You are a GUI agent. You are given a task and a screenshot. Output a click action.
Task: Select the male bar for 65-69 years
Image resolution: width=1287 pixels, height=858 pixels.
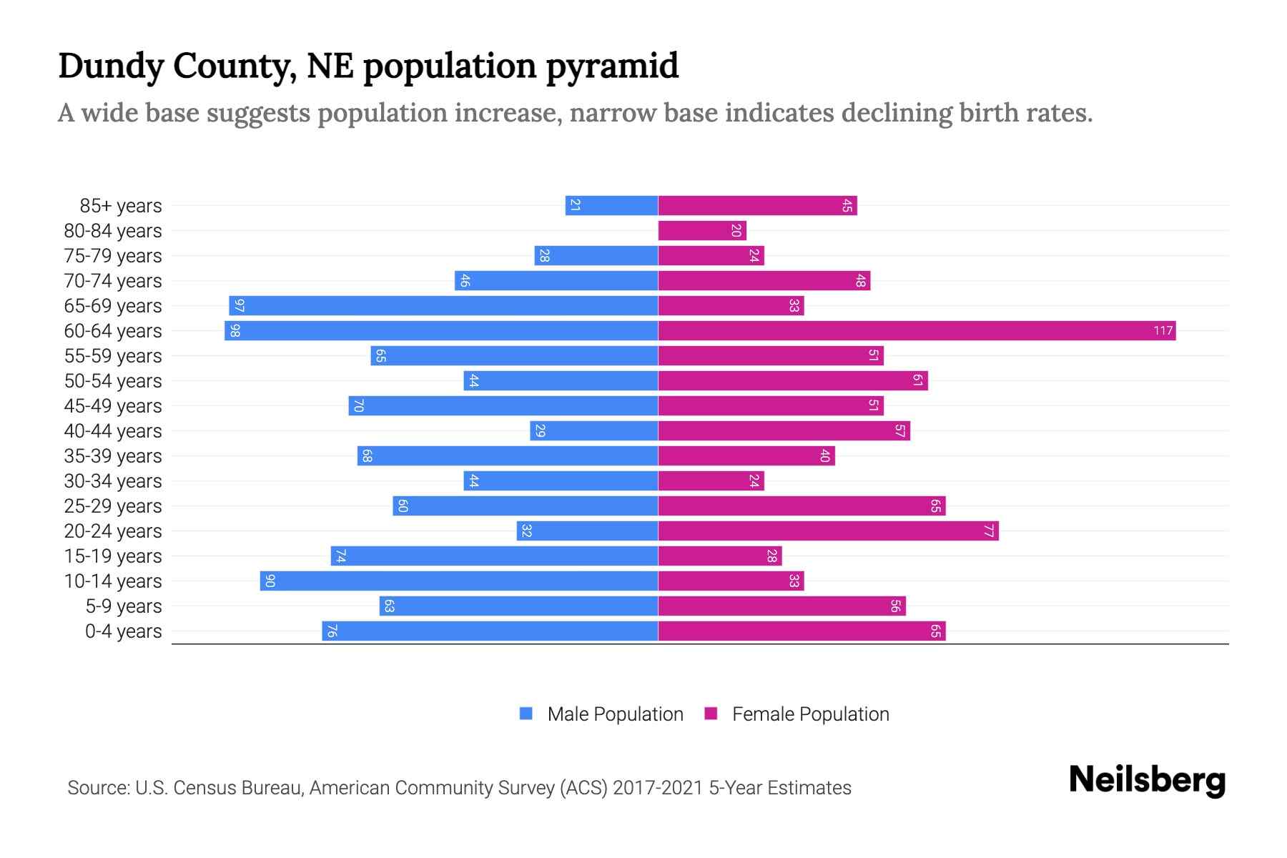[x=443, y=306]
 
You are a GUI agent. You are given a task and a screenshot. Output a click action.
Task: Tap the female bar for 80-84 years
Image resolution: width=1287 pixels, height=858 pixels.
[x=702, y=231]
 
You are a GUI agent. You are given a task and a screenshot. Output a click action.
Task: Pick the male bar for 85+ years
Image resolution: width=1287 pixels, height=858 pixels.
[x=611, y=206]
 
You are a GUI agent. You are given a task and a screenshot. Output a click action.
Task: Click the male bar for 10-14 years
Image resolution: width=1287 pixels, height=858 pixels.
[x=459, y=581]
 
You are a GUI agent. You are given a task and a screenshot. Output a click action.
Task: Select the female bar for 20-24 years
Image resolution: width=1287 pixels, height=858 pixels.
[x=828, y=531]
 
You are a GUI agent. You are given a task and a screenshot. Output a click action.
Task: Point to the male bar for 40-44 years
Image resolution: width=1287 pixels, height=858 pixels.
[x=593, y=431]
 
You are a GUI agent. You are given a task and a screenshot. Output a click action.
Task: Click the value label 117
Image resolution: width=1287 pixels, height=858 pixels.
[x=1163, y=331]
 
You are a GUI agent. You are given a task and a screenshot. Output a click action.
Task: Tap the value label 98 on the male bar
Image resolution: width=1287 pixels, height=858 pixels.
[x=235, y=331]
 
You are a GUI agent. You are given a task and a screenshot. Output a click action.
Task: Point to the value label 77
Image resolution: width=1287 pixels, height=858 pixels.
[x=989, y=531]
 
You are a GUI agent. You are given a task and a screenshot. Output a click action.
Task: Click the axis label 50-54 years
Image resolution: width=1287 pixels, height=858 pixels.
[x=113, y=381]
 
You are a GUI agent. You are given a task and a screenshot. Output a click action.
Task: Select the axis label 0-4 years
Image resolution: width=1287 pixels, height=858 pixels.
[x=123, y=631]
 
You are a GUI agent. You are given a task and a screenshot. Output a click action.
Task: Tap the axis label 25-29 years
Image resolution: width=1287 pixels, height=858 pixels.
[x=113, y=506]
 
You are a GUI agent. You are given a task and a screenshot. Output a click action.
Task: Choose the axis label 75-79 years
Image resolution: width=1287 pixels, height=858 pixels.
[x=113, y=256]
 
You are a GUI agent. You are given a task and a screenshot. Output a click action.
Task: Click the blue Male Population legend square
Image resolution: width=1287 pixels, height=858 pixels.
[x=526, y=714]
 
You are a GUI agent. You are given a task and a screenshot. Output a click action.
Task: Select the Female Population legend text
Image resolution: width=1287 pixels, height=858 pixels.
[x=810, y=714]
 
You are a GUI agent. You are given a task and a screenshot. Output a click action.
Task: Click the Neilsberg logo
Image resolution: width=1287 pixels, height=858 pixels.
[x=1147, y=780]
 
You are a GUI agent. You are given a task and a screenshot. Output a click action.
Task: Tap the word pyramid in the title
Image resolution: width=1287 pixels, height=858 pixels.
[x=611, y=66]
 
